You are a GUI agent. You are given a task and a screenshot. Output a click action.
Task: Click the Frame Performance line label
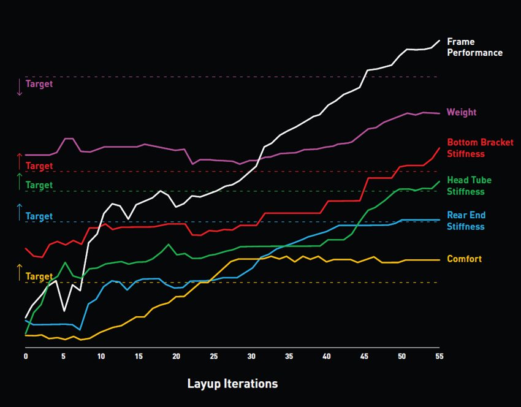click(x=474, y=47)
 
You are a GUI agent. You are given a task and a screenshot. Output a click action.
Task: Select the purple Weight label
click(x=462, y=113)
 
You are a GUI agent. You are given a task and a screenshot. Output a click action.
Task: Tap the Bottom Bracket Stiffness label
click(x=480, y=148)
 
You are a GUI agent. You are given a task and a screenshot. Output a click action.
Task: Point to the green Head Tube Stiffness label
click(x=469, y=186)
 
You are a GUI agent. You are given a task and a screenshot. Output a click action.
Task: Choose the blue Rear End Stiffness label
click(x=466, y=221)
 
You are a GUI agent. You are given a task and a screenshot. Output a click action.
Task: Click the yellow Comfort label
click(x=464, y=259)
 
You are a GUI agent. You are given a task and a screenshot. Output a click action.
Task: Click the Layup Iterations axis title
click(x=232, y=384)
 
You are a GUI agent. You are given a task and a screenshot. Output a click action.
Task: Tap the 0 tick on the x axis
click(x=26, y=356)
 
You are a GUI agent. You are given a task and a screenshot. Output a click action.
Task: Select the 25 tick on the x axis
click(x=214, y=356)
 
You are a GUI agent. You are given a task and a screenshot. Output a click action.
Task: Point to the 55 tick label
click(x=439, y=356)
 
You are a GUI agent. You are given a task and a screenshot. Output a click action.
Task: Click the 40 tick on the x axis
click(x=326, y=356)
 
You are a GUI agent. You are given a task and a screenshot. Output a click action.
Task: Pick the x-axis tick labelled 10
click(x=101, y=356)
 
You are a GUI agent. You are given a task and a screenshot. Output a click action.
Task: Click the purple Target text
click(x=39, y=84)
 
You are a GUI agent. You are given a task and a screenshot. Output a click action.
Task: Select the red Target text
click(x=39, y=166)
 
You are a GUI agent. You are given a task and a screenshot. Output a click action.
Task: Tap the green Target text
click(x=39, y=185)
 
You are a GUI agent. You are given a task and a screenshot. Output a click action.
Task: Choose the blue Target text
click(x=39, y=216)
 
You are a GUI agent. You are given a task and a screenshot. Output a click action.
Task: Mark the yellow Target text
click(x=39, y=276)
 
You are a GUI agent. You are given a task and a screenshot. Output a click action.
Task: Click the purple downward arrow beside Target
click(x=20, y=87)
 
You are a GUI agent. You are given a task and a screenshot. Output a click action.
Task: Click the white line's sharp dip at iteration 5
click(x=64, y=311)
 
